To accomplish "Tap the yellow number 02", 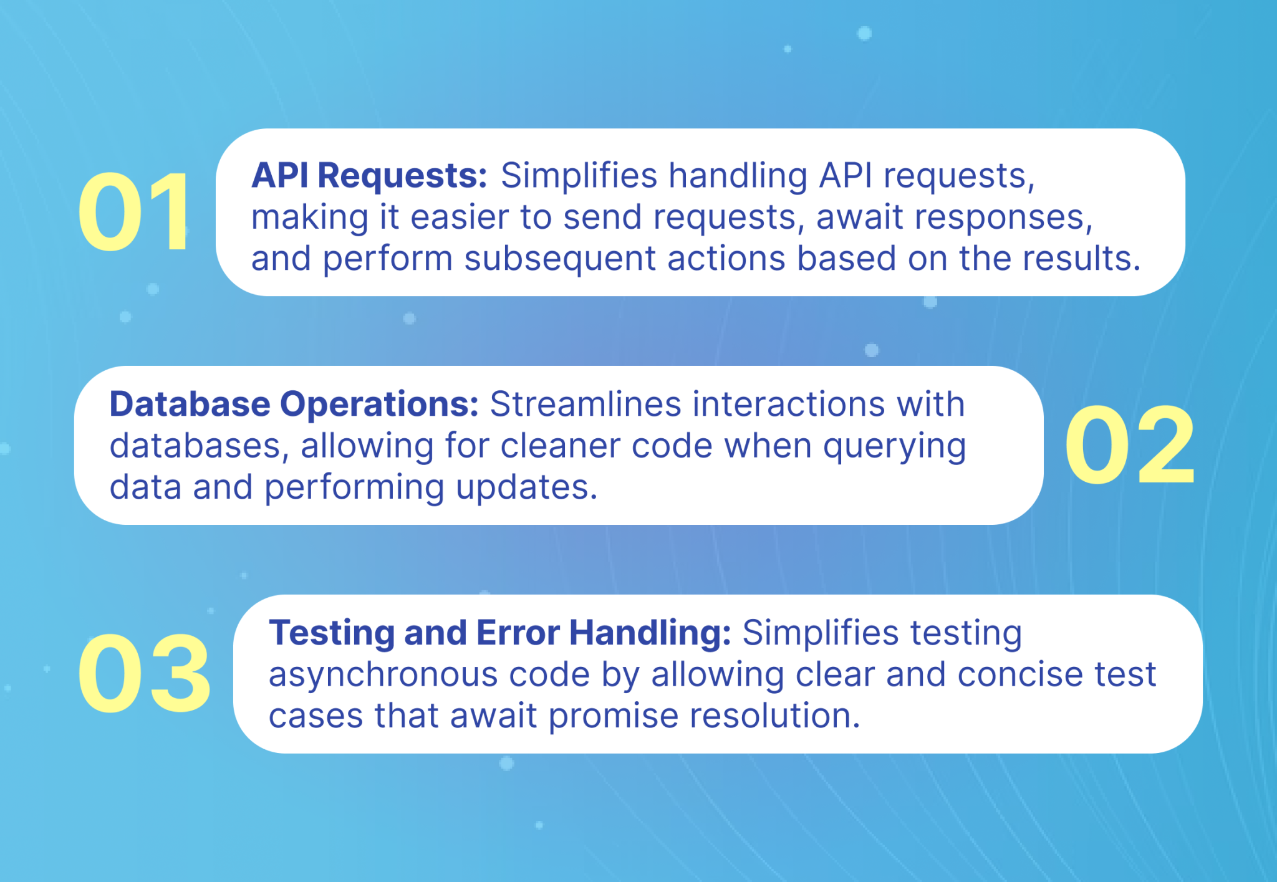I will tap(1129, 445).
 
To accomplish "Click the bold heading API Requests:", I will tap(369, 175).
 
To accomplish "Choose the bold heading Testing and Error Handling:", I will tap(499, 633).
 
